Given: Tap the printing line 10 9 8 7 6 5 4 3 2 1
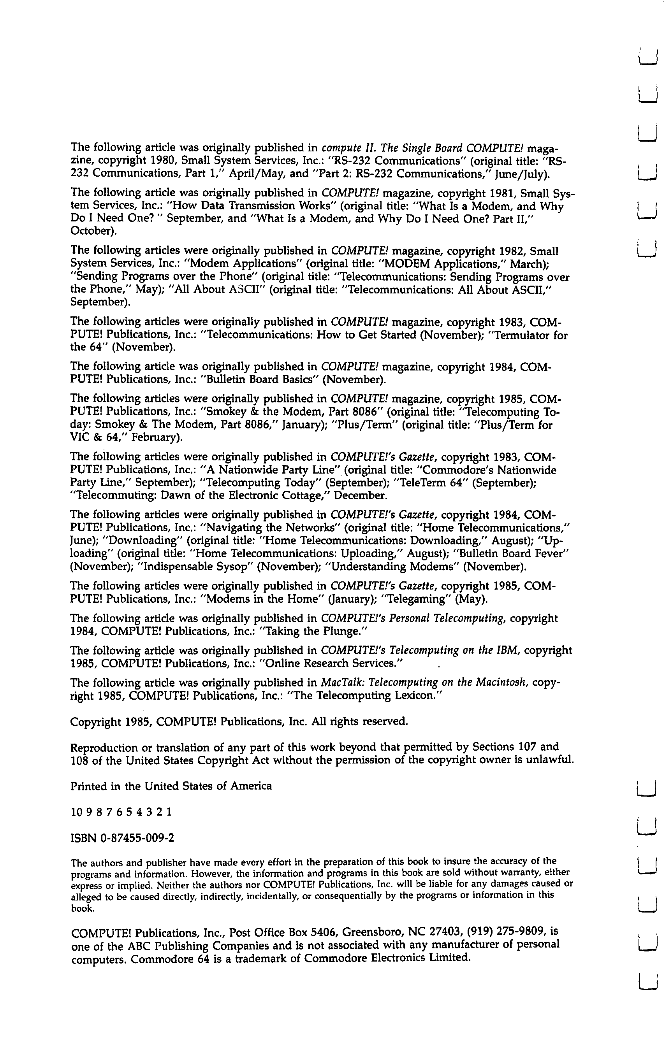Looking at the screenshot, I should coord(121,812).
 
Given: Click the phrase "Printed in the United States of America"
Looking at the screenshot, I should coord(171,786).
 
